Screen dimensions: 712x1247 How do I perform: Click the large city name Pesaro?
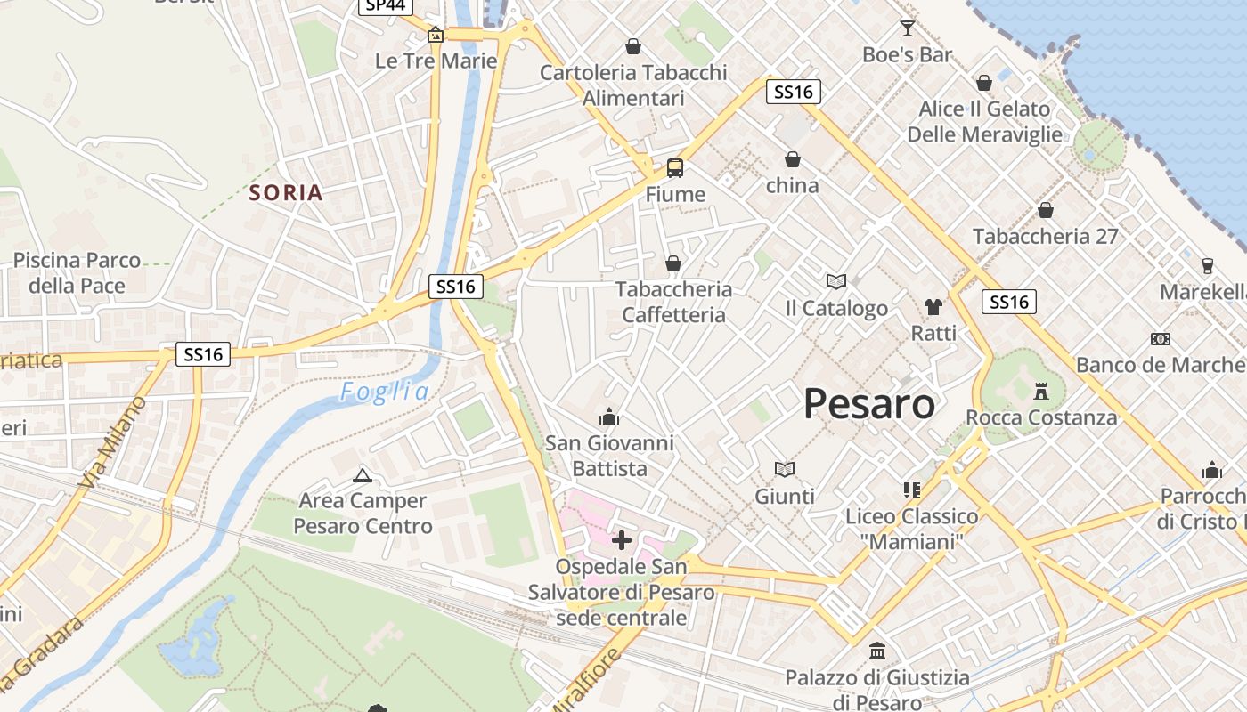tap(869, 404)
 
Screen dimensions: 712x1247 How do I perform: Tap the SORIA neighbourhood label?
tap(286, 192)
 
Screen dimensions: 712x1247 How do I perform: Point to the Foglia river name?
tap(385, 392)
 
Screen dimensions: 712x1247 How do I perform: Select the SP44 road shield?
tap(386, 5)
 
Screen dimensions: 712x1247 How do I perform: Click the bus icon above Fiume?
tap(675, 167)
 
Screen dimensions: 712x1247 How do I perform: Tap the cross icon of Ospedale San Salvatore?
tap(622, 539)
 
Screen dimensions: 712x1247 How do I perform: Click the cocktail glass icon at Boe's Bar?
tap(908, 28)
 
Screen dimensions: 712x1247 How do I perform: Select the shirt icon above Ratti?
tap(933, 307)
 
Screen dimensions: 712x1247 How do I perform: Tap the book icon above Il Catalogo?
tap(835, 282)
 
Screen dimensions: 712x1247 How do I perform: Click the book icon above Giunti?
tap(784, 469)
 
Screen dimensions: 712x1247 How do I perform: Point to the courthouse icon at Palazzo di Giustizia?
tap(877, 651)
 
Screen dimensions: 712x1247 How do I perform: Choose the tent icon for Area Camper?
tap(362, 474)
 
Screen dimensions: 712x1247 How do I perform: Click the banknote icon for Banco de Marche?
tap(1160, 339)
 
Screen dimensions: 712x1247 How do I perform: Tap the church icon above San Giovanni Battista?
tap(609, 416)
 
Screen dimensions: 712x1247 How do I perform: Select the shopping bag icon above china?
tap(792, 159)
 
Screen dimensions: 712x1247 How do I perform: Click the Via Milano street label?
tap(112, 442)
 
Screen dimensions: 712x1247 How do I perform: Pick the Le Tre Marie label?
tap(436, 61)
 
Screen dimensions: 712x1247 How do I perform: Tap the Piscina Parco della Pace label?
tap(77, 273)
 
